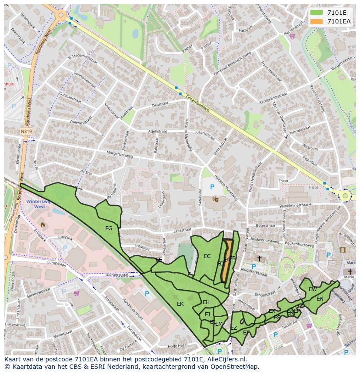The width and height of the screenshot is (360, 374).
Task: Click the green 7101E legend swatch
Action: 317,13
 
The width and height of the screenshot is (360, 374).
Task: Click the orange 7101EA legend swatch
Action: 317,21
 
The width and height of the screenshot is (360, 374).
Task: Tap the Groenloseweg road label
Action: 198,103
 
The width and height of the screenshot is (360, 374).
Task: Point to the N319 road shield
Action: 26,130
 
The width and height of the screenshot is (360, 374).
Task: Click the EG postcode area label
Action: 109,228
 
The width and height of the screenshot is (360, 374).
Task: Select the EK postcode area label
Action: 180,304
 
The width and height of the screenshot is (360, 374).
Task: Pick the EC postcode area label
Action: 207,256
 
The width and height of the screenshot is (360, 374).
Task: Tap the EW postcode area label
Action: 313,289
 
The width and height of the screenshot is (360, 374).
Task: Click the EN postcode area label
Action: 320,298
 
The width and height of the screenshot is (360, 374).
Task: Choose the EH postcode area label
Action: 206,302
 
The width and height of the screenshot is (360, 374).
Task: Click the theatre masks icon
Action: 215,199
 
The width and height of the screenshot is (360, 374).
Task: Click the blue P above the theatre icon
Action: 212,187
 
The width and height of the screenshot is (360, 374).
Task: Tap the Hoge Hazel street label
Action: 177,346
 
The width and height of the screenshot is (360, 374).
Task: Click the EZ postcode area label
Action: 233,328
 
